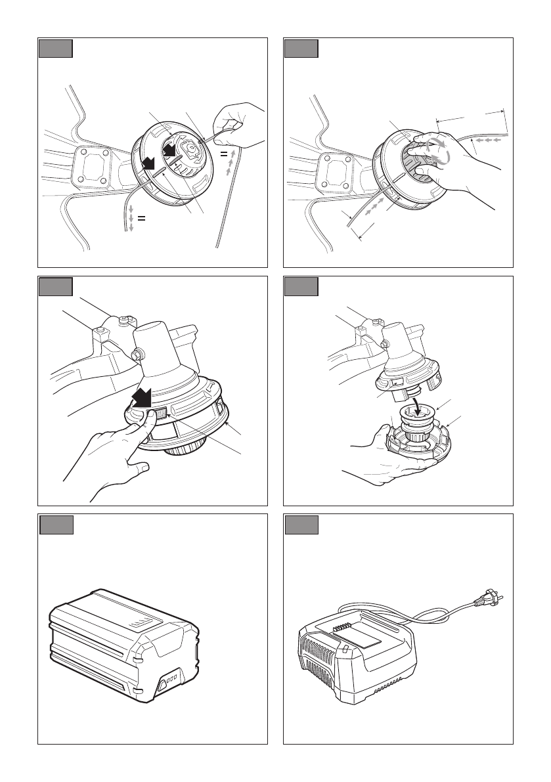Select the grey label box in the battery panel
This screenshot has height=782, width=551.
click(56, 526)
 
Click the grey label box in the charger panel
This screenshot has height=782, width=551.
click(301, 526)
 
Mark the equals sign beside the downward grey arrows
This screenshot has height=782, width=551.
click(141, 219)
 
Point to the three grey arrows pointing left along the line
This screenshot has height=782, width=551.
click(489, 140)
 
